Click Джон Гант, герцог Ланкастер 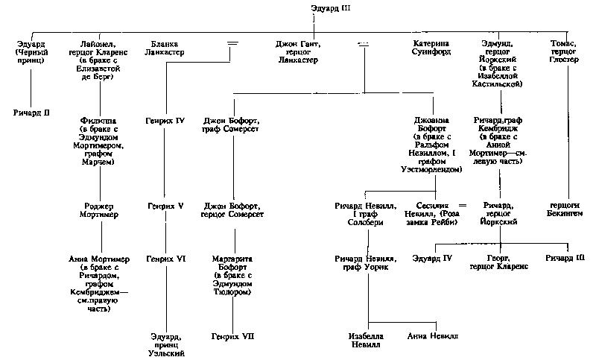(297, 49)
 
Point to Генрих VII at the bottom (232, 336)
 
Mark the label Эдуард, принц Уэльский (165, 348)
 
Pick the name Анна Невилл (432, 336)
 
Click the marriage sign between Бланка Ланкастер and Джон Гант (232, 45)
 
